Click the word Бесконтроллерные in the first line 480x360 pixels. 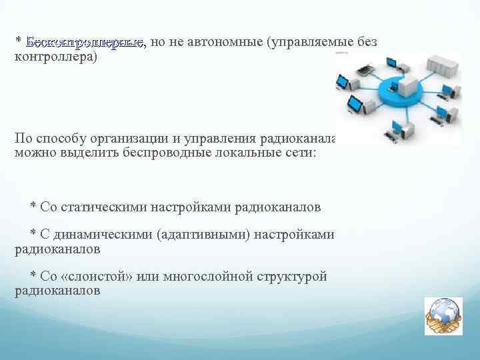(85, 43)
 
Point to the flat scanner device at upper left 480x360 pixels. (363, 69)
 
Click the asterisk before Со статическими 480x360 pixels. (33, 207)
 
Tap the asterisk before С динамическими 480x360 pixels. (33, 235)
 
